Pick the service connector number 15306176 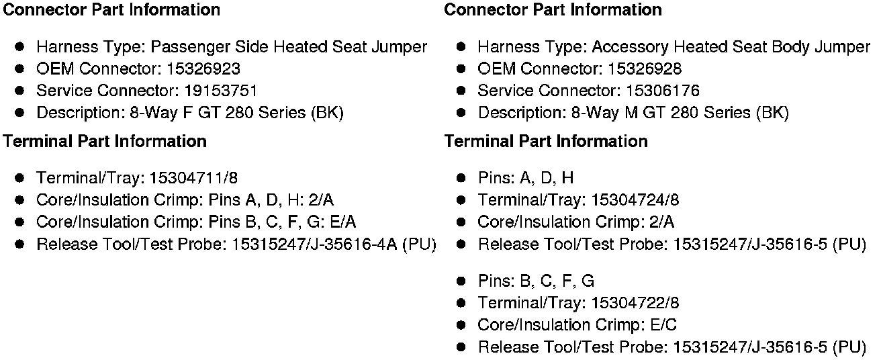662,91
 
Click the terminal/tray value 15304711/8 193,178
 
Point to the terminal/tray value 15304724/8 636,200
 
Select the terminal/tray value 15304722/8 636,303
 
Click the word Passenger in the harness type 190,47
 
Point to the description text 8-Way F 159,113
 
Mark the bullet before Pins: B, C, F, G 461,281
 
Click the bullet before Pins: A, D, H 461,179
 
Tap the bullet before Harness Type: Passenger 20,47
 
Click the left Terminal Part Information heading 105,141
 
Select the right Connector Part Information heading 553,10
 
